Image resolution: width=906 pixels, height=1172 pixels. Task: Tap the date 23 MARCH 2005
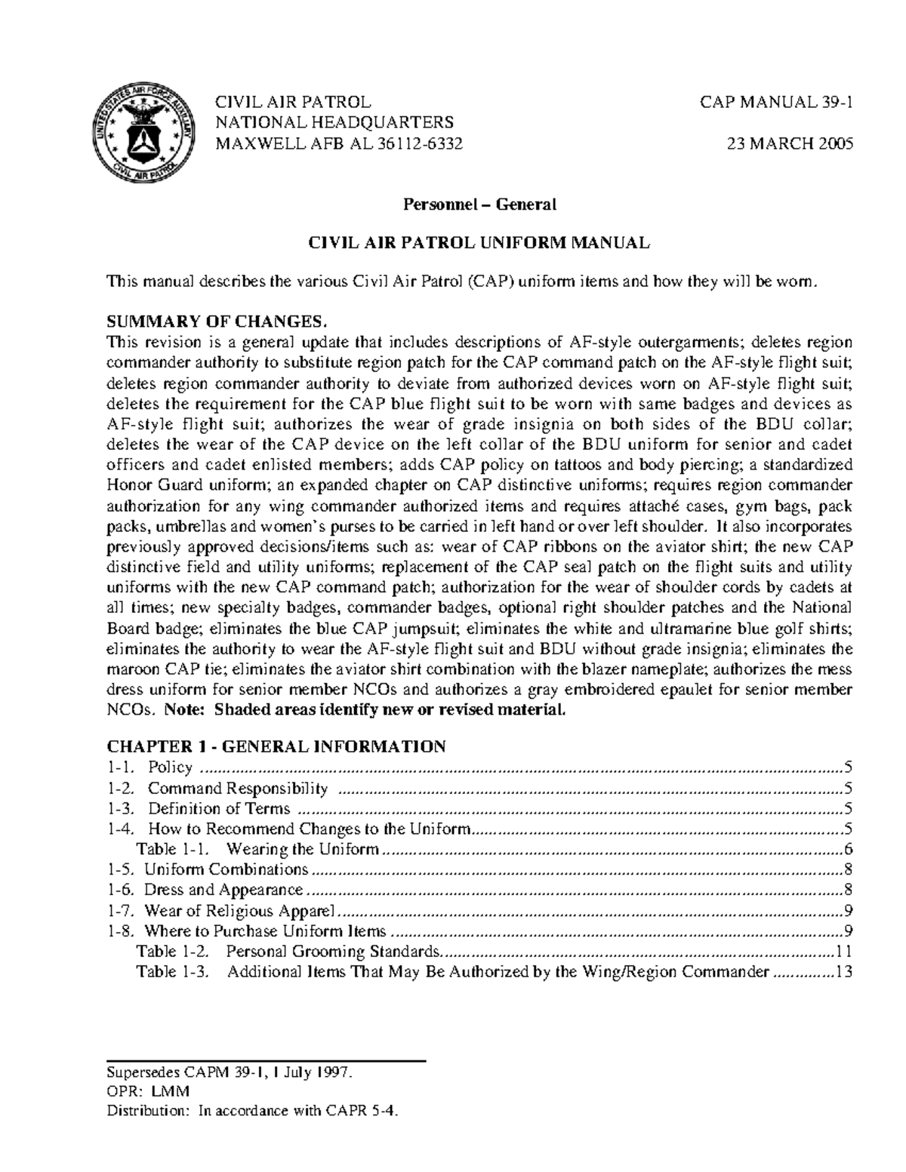click(x=790, y=144)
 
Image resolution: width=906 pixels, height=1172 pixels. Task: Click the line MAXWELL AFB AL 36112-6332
click(x=339, y=144)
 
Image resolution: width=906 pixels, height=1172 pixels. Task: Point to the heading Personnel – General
click(x=479, y=204)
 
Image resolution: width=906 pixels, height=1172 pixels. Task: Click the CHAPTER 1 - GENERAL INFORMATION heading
click(x=276, y=747)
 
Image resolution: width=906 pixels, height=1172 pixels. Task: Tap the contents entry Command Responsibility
click(x=237, y=789)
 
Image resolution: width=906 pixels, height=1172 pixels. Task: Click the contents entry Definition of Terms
click(x=218, y=809)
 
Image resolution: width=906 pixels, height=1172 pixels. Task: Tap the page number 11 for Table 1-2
click(x=844, y=952)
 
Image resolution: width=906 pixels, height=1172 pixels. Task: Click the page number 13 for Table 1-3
click(x=844, y=972)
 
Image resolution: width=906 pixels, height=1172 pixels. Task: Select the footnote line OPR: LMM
click(x=148, y=1091)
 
